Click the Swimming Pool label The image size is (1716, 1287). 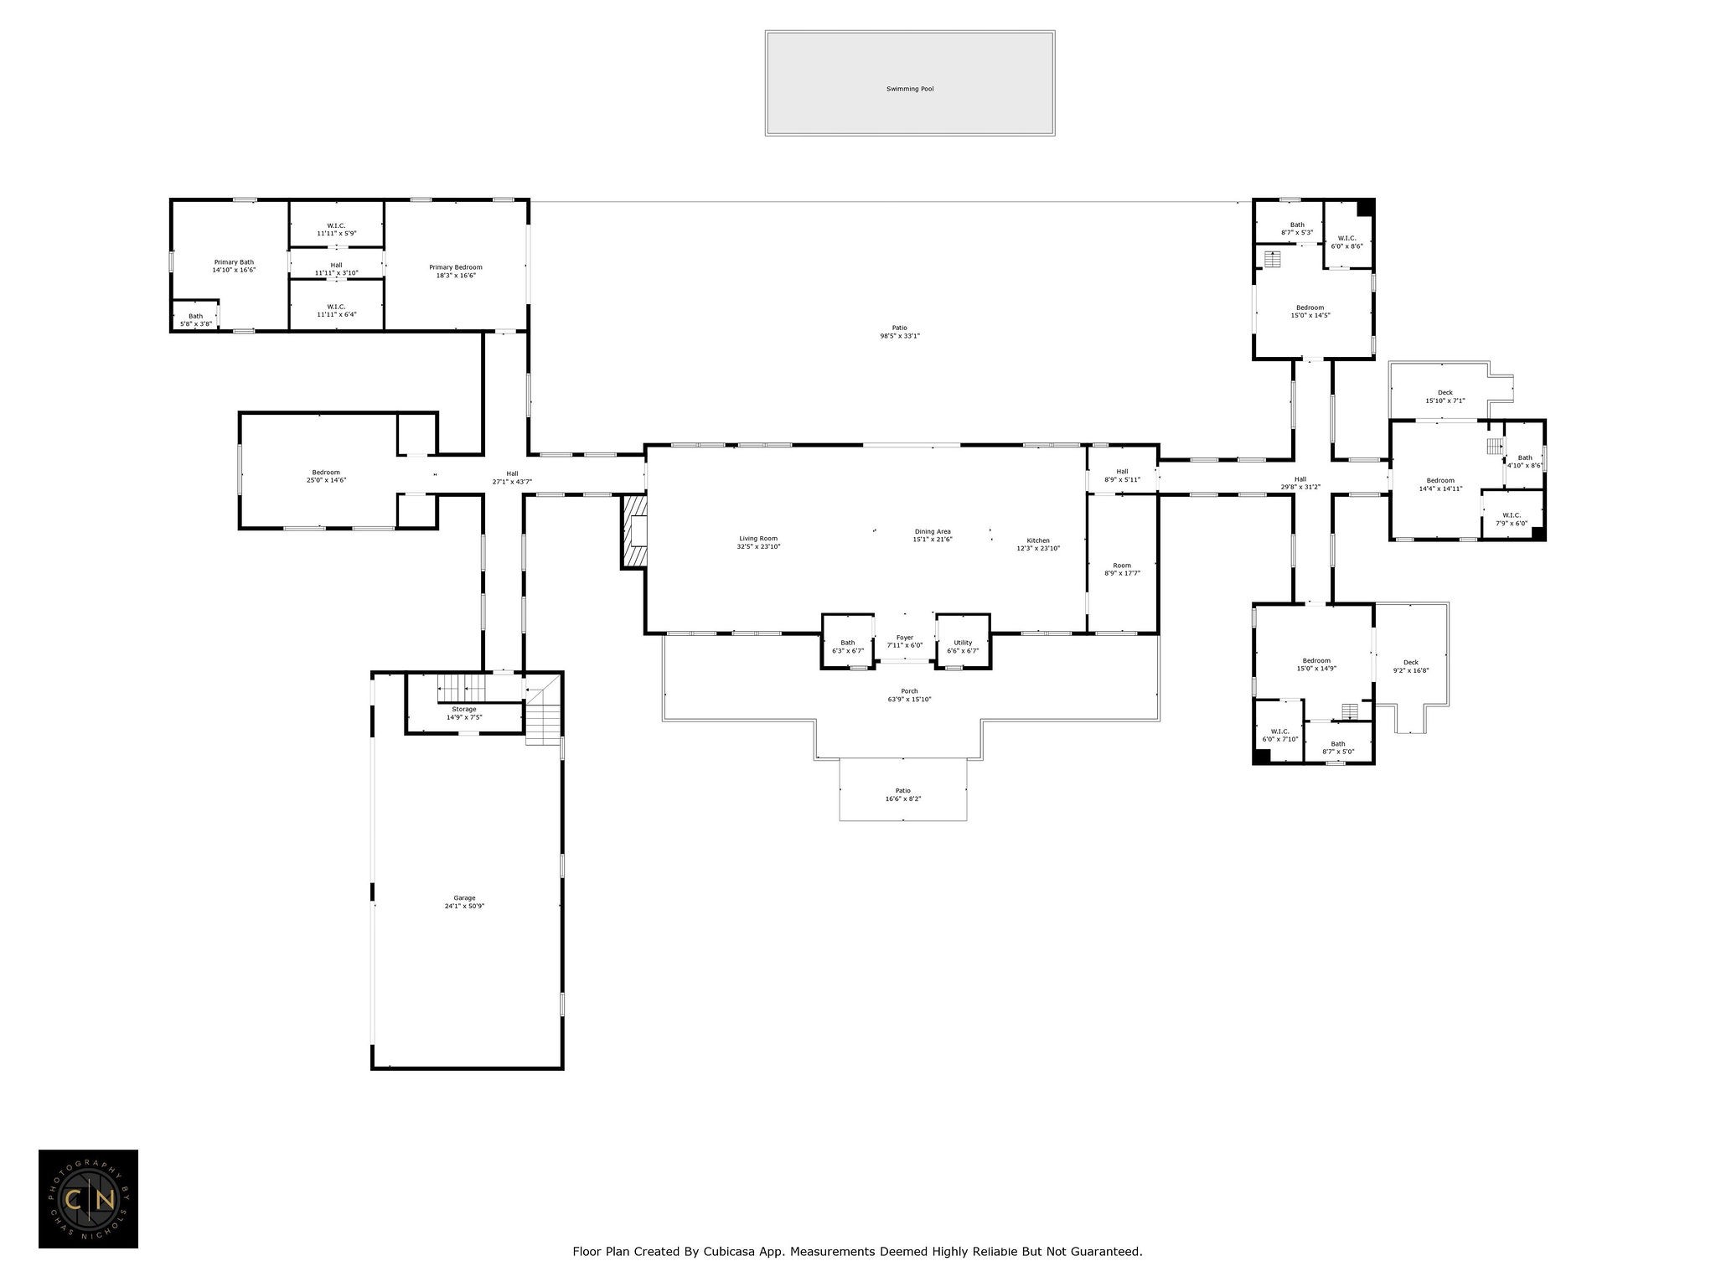[910, 89]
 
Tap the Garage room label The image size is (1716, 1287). [464, 898]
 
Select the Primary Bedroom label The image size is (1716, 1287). [457, 267]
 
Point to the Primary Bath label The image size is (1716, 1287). [234, 262]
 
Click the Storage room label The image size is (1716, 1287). [464, 710]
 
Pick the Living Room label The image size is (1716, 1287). [758, 539]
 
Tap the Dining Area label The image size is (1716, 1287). [933, 531]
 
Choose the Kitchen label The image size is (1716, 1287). [1038, 540]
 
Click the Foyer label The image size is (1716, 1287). [905, 638]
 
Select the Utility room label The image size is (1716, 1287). [963, 643]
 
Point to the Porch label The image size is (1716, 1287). [909, 691]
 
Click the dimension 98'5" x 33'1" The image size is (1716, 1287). [900, 336]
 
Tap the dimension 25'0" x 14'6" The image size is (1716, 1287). [326, 480]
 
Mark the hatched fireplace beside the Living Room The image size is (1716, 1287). [633, 531]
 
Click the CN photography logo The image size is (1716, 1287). [88, 1199]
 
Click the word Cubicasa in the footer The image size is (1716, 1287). [733, 1252]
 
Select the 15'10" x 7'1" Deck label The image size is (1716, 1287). [1445, 401]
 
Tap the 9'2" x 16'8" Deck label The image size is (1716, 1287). [1411, 670]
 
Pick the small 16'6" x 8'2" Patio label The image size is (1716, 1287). [902, 799]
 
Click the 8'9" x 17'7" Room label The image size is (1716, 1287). [1122, 573]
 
